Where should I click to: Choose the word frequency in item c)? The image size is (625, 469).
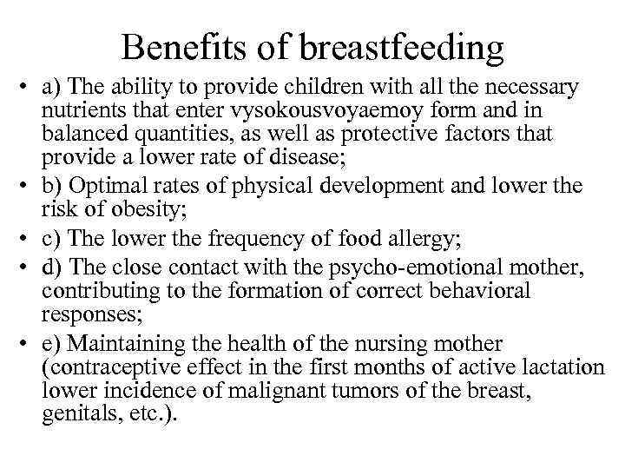point(236,237)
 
